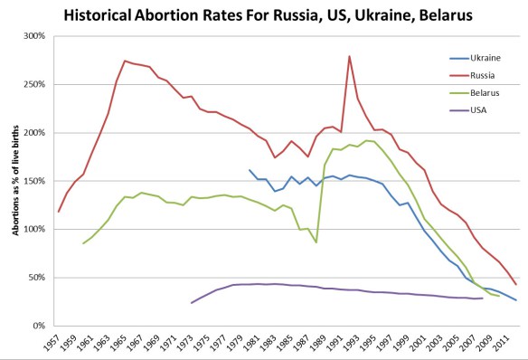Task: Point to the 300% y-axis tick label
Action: tap(33, 36)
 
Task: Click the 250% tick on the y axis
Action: tap(33, 84)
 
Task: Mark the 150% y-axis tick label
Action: tap(33, 181)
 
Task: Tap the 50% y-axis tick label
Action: tap(35, 277)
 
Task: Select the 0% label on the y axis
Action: tap(38, 325)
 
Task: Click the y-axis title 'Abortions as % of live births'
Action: tap(15, 181)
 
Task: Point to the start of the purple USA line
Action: tap(192, 302)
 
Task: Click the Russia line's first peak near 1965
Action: tap(125, 61)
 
